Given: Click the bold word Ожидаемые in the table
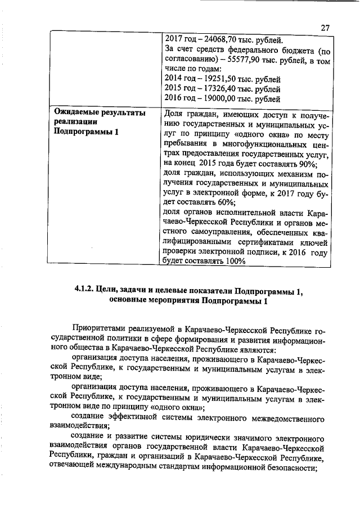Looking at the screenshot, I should click(77, 113).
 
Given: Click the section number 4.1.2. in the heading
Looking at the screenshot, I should click(84, 291).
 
